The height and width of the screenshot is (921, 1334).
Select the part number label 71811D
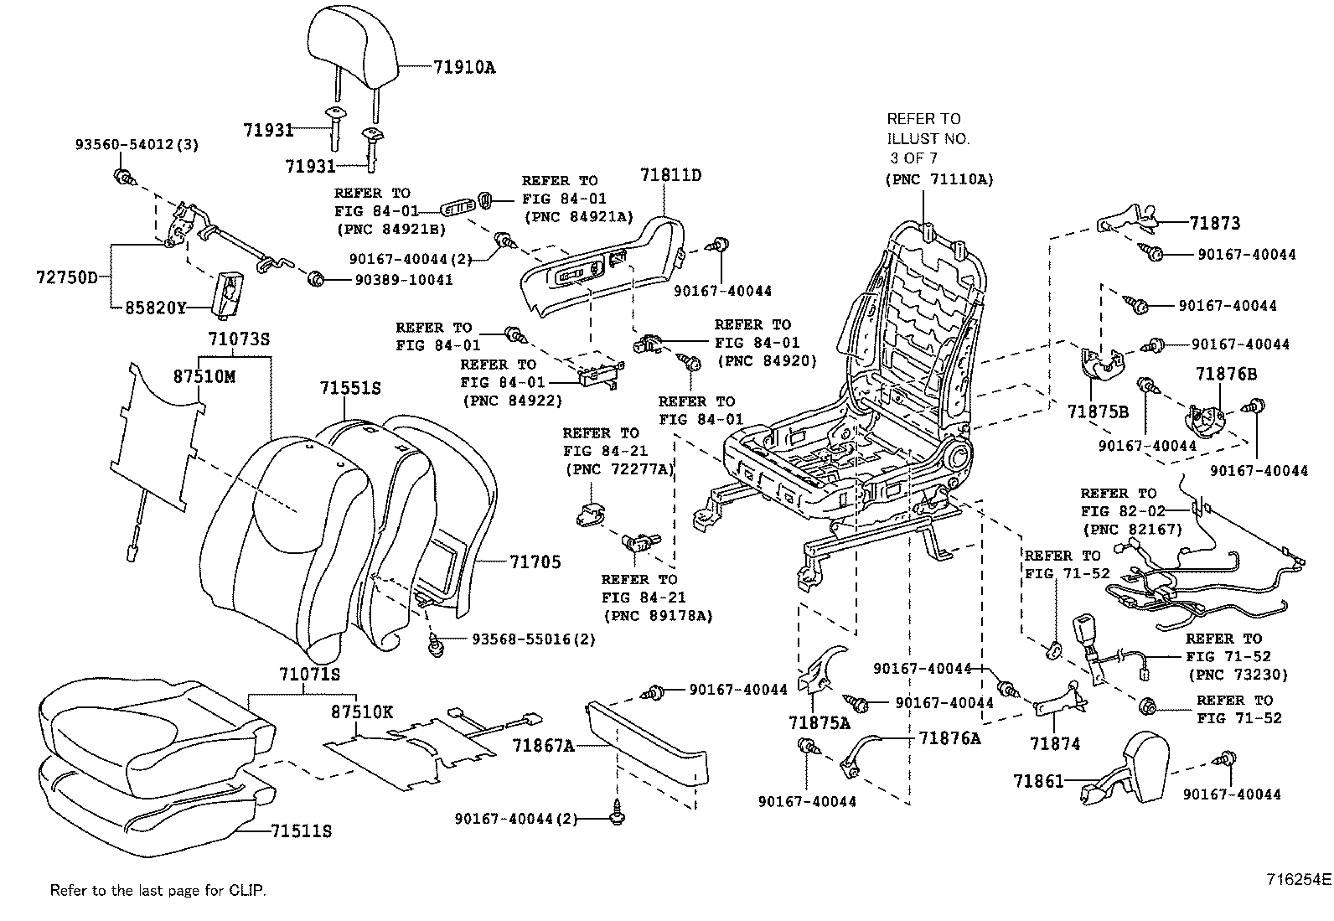pos(670,175)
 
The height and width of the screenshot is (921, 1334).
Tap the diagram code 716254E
pos(1298,880)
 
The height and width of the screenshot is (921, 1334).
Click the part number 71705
pos(535,562)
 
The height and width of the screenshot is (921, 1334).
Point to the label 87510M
pos(204,376)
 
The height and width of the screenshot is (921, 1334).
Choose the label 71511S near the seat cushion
pos(301,831)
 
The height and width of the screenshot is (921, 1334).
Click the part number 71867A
pos(544,745)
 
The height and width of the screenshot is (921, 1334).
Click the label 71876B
pos(1226,374)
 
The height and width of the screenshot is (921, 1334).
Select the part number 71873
pos(1215,223)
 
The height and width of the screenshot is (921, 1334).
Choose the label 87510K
pos(361,711)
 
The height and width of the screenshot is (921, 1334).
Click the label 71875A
pos(819,722)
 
